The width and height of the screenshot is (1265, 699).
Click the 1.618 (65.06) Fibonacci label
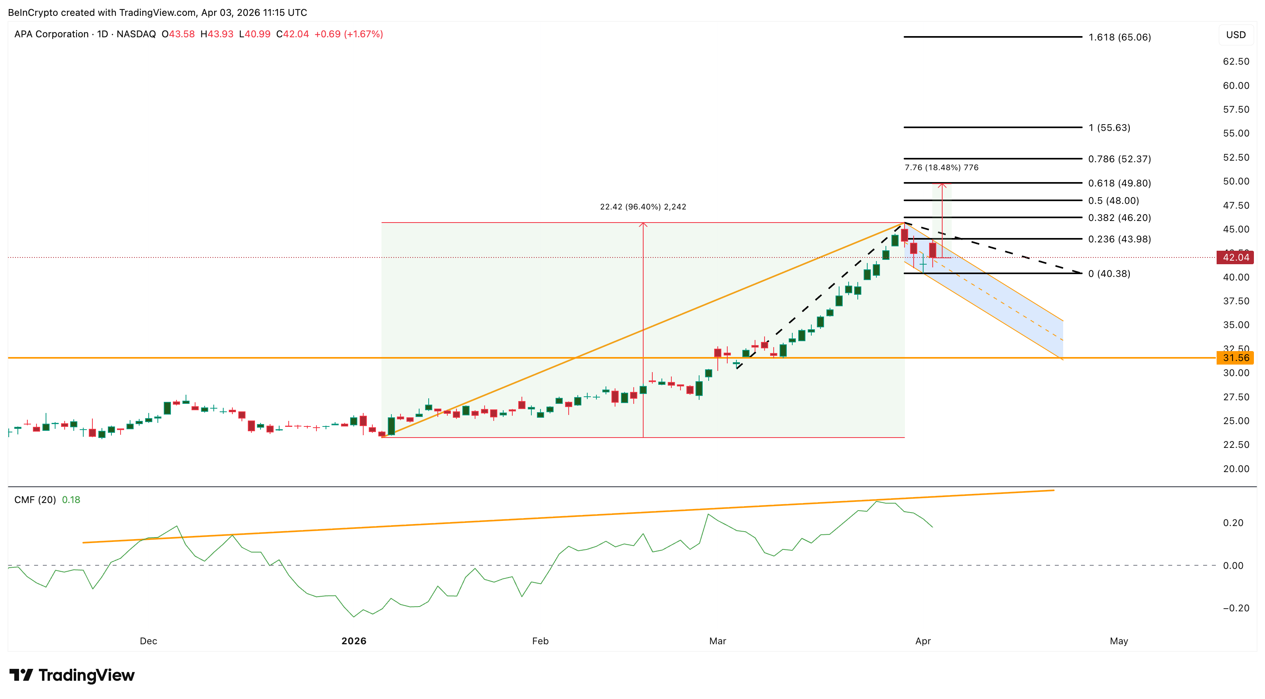[x=1119, y=37]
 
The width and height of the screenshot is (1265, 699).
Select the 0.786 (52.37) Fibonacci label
[x=1119, y=159]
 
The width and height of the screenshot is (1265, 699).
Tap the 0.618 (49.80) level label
[x=1119, y=183]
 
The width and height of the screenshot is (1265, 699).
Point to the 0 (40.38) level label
[x=1109, y=274]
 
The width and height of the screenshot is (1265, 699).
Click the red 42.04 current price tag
[x=1235, y=257]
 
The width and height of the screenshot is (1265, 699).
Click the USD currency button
[x=1236, y=35]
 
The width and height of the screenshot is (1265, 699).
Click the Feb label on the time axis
[x=540, y=641]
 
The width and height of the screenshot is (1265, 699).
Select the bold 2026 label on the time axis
[x=354, y=641]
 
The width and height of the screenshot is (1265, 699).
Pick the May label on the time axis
[x=1119, y=641]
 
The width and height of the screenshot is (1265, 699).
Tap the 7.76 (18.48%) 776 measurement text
[x=941, y=167]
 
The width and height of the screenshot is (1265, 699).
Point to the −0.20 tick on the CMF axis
[x=1236, y=608]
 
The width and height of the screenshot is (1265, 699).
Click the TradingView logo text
[x=86, y=676]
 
